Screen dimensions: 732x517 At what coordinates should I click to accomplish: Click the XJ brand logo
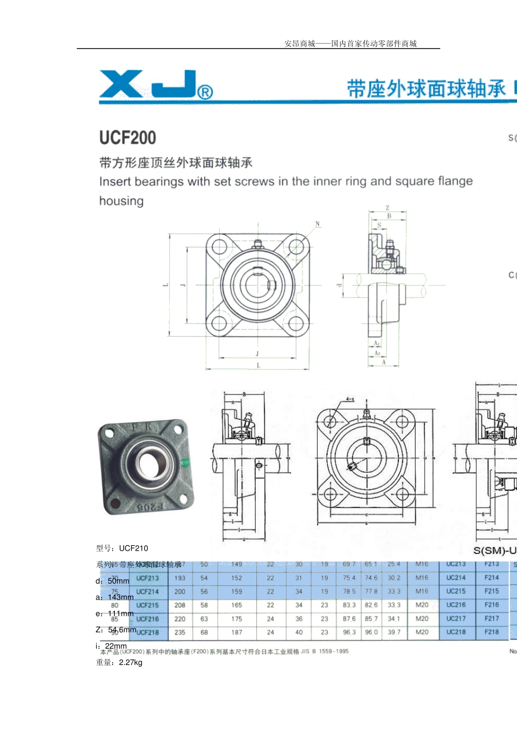pyautogui.click(x=156, y=84)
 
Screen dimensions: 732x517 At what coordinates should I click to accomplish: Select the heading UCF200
pyautogui.click(x=127, y=137)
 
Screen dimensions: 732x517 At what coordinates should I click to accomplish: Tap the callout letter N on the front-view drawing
pyautogui.click(x=318, y=224)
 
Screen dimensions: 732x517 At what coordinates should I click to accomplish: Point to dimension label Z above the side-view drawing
pyautogui.click(x=387, y=208)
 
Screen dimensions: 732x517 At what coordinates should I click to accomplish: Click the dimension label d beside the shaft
pyautogui.click(x=338, y=285)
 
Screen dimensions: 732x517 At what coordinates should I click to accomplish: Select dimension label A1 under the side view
pyautogui.click(x=377, y=343)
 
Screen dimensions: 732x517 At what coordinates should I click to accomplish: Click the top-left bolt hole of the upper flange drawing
pyautogui.click(x=219, y=246)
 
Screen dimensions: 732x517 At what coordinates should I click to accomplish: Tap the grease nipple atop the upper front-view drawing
pyautogui.click(x=257, y=243)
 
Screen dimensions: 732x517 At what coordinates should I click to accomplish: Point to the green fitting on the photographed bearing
pyautogui.click(x=184, y=463)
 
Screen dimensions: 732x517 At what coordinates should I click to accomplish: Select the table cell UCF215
pyautogui.click(x=147, y=605)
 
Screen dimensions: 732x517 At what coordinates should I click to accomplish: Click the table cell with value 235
pyautogui.click(x=180, y=632)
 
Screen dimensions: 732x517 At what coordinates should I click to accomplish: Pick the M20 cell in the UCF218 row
pyautogui.click(x=422, y=632)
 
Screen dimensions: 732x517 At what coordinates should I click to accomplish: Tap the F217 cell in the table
pyautogui.click(x=491, y=619)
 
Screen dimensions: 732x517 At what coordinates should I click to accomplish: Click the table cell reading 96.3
pyautogui.click(x=349, y=632)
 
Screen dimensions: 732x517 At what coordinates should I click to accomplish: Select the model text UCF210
pyautogui.click(x=133, y=548)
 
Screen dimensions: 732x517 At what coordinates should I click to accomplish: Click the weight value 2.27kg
pyautogui.click(x=131, y=663)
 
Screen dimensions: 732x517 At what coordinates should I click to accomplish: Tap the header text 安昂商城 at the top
pyautogui.click(x=300, y=44)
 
